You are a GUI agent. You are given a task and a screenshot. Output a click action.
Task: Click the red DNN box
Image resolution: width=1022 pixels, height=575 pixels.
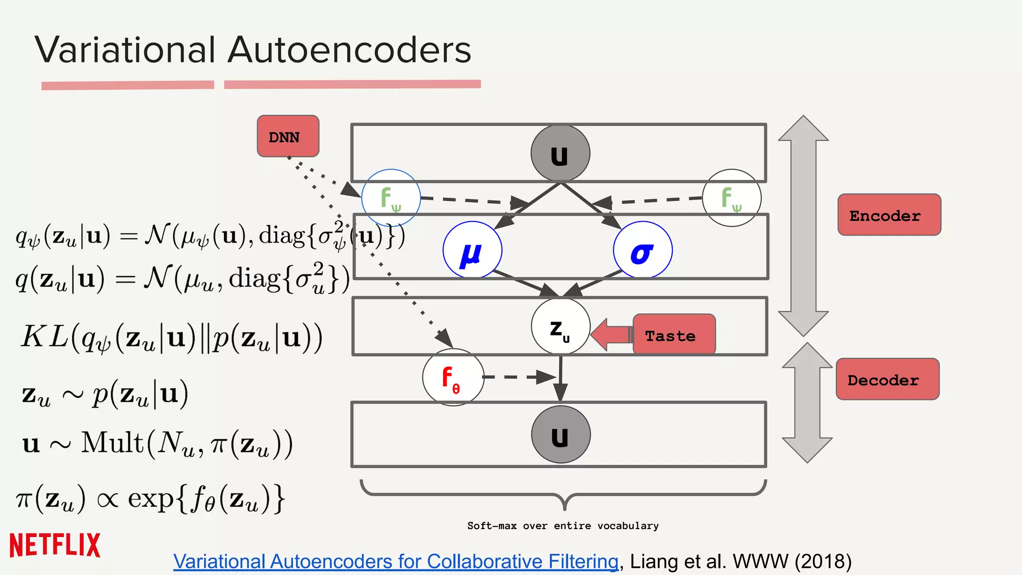pos(288,136)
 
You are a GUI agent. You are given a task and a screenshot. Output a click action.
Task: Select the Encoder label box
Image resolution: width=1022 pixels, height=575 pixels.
pos(889,215)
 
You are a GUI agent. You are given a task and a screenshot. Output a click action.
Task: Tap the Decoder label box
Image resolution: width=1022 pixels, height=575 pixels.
pos(887,379)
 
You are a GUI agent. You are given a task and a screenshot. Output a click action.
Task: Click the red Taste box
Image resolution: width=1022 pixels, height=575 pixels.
pos(674,335)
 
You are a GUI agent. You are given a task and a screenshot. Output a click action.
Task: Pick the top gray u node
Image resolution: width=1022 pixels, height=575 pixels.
pos(560,153)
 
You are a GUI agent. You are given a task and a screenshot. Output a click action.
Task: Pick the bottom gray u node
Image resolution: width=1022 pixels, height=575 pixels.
pos(560,434)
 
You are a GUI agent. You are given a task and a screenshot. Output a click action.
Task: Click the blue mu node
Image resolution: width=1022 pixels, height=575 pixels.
pos(472,250)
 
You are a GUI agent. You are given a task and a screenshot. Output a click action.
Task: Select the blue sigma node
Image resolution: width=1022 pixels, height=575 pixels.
pos(642,250)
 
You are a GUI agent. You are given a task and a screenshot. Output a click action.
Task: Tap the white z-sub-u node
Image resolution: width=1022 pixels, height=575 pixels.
pos(560,327)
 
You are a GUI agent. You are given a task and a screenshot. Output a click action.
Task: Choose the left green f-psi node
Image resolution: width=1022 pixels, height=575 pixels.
pos(391,198)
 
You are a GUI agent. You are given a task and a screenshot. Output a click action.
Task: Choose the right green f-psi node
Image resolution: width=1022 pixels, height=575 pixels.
pos(731,198)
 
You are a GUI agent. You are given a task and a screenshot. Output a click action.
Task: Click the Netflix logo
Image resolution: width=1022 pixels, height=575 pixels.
pos(55,545)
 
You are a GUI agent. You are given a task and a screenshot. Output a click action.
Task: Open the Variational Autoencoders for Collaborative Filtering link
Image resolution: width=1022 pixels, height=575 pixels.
pos(396,562)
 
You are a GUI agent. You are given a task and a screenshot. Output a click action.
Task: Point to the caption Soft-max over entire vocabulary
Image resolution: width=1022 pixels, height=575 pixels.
pos(563,526)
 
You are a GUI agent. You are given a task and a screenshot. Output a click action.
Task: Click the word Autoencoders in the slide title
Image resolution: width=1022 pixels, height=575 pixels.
pos(349,50)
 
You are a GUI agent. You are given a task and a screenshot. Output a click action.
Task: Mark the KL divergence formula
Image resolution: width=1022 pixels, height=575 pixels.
pos(171,338)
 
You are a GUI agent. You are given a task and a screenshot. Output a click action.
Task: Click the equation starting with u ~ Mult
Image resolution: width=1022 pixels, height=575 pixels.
pos(157,443)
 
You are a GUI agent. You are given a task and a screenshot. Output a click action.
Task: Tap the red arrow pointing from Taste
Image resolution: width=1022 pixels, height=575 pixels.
pos(611,334)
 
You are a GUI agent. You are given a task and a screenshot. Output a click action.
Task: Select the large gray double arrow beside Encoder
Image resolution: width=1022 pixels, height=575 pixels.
pos(803,226)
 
